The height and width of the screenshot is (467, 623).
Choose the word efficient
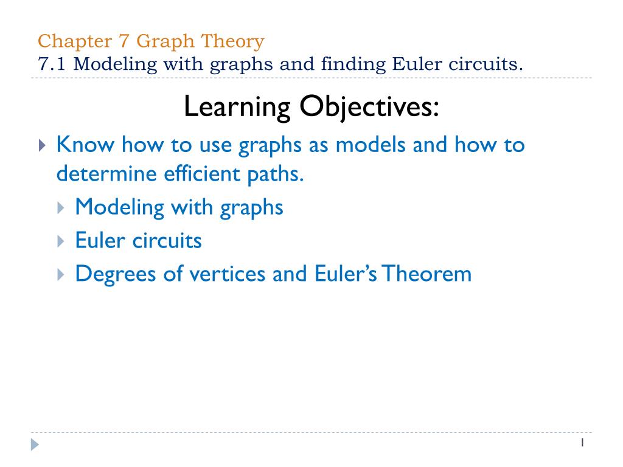tap(195, 175)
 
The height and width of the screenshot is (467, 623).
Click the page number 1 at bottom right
tap(582, 443)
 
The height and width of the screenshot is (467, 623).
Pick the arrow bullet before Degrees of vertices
tap(60, 274)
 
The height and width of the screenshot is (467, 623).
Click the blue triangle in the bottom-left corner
tap(35, 445)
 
